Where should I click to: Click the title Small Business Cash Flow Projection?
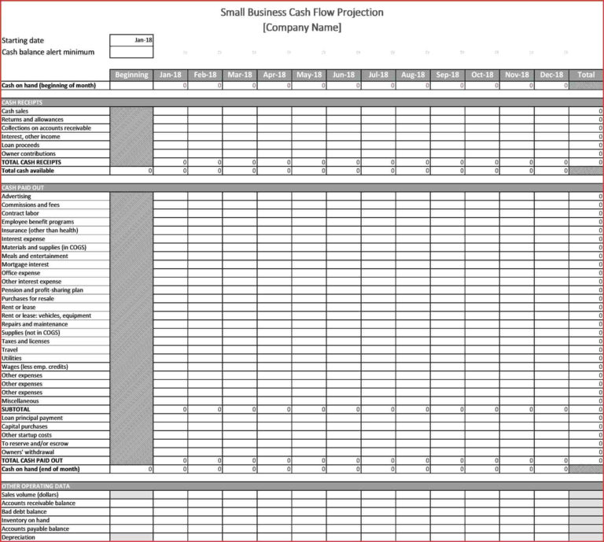(302, 13)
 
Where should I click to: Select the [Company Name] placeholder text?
(302, 28)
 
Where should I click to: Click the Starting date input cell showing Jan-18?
(131, 39)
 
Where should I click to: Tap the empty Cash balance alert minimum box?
(131, 52)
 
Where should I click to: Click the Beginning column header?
(131, 75)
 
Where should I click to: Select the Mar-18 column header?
(240, 75)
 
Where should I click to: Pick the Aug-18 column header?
(413, 75)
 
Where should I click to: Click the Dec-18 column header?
(551, 75)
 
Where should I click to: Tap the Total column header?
(586, 75)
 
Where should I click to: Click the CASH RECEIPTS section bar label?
(22, 102)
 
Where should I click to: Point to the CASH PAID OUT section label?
(21, 188)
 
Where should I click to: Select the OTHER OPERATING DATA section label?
(31, 486)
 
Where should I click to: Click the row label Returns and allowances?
(32, 120)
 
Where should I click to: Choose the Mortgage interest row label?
(25, 264)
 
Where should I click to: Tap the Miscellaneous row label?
(20, 401)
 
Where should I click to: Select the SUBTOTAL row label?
(16, 410)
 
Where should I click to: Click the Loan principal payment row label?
(32, 418)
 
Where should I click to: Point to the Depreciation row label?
(19, 537)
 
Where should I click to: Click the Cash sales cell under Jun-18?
(344, 111)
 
